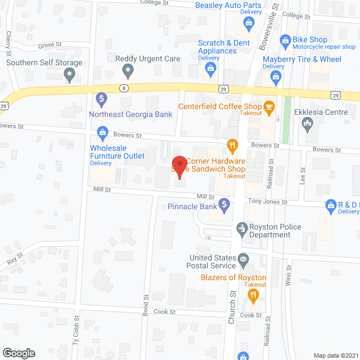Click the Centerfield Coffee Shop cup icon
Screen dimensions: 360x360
point(269,106)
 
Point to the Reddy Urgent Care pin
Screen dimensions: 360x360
point(128,71)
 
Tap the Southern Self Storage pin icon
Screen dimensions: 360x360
point(70,74)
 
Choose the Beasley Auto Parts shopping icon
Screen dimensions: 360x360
point(248,23)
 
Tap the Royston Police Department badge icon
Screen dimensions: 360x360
point(242,228)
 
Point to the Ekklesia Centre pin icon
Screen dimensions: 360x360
point(308,124)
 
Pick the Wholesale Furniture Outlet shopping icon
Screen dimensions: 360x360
point(102,133)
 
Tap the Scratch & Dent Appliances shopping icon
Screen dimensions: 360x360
point(211,69)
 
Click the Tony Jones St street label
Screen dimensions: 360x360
point(268,202)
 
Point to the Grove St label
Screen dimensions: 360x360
point(49,45)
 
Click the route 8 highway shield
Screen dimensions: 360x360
point(123,87)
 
